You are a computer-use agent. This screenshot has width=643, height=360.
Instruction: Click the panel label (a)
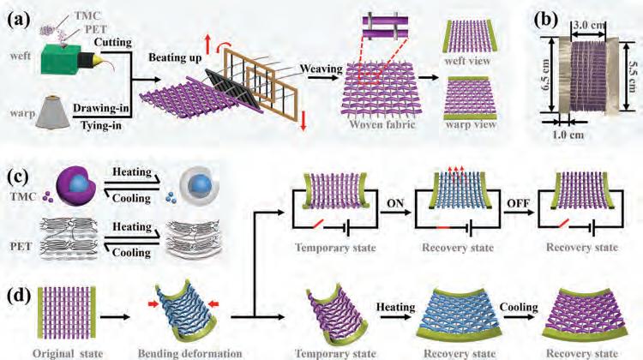pos(19,18)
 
